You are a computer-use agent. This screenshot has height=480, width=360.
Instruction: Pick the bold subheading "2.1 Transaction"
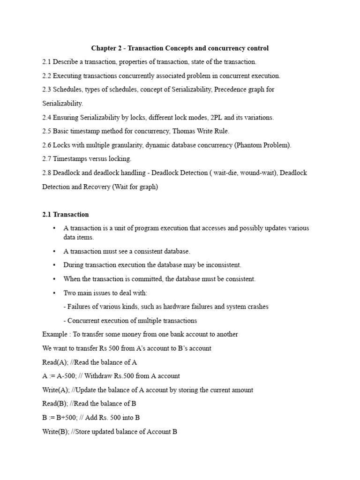65,214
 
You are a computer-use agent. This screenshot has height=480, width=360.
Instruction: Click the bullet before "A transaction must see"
54,251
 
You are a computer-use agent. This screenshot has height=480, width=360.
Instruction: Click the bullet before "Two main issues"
54,293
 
